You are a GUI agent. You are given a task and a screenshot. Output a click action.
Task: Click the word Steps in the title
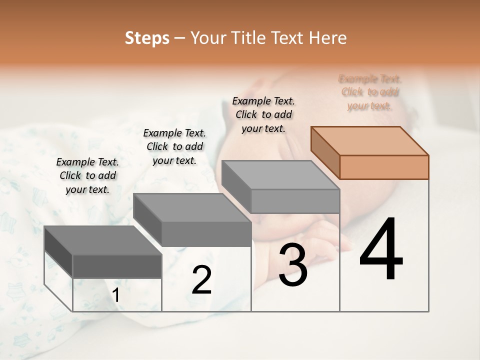pos(147,38)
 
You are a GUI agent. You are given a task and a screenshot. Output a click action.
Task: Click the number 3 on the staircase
pos(292,264)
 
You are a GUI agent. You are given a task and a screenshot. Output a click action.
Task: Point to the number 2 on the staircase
pos(201,280)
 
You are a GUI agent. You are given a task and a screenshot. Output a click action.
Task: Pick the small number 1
pos(116,295)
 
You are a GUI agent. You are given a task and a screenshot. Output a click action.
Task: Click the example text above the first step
pos(87,175)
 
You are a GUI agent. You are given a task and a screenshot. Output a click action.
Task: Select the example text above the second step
pos(174,146)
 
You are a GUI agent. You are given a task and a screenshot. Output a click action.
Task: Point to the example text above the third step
pos(263,114)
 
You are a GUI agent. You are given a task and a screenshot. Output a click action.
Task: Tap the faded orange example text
pos(370,92)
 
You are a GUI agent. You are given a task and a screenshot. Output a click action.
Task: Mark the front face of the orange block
pos(384,167)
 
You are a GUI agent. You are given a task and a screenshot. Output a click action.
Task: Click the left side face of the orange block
pos(325,152)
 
